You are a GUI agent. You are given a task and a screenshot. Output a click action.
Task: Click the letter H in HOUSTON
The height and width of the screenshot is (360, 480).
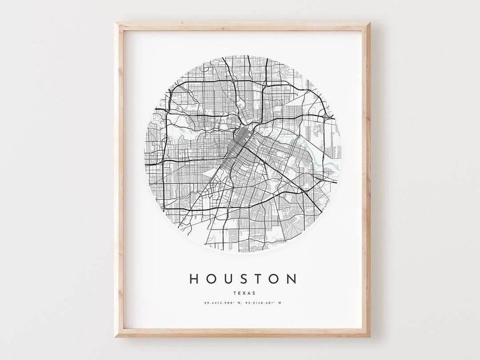tap(194, 279)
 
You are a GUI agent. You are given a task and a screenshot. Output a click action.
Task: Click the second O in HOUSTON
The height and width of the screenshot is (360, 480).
tap(274, 279)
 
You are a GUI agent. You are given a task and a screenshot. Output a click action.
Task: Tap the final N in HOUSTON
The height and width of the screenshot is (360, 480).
tap(292, 279)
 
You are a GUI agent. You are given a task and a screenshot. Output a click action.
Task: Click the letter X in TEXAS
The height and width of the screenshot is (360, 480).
tap(242, 293)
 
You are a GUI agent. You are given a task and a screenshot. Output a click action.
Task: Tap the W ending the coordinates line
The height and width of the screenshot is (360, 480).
tap(280, 303)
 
